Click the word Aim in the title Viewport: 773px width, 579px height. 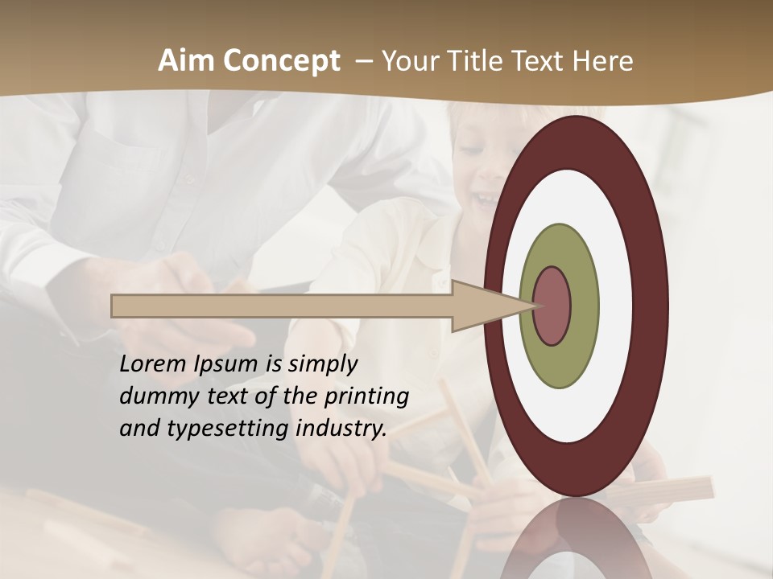(x=185, y=61)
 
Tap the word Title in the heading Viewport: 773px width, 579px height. (x=481, y=61)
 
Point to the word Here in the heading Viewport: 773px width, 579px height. (x=603, y=61)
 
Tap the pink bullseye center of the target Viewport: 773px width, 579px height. (x=552, y=306)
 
